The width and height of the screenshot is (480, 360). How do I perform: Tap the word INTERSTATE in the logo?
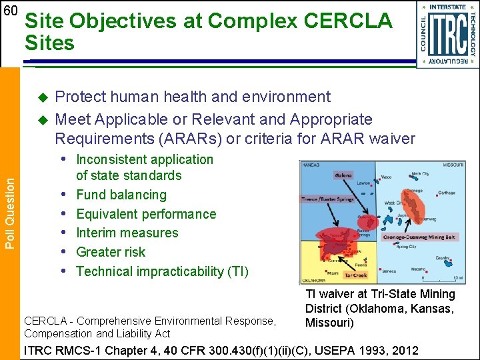tap(447, 7)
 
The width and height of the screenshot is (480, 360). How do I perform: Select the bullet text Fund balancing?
tap(121, 195)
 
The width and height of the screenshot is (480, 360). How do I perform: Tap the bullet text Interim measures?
tap(127, 233)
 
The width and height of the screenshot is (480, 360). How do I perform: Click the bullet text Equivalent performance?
tap(146, 214)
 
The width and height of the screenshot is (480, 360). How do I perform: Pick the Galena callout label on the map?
tap(343, 175)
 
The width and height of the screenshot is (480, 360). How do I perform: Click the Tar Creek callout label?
tap(355, 275)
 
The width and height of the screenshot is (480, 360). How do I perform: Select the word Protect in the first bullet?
tap(79, 97)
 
